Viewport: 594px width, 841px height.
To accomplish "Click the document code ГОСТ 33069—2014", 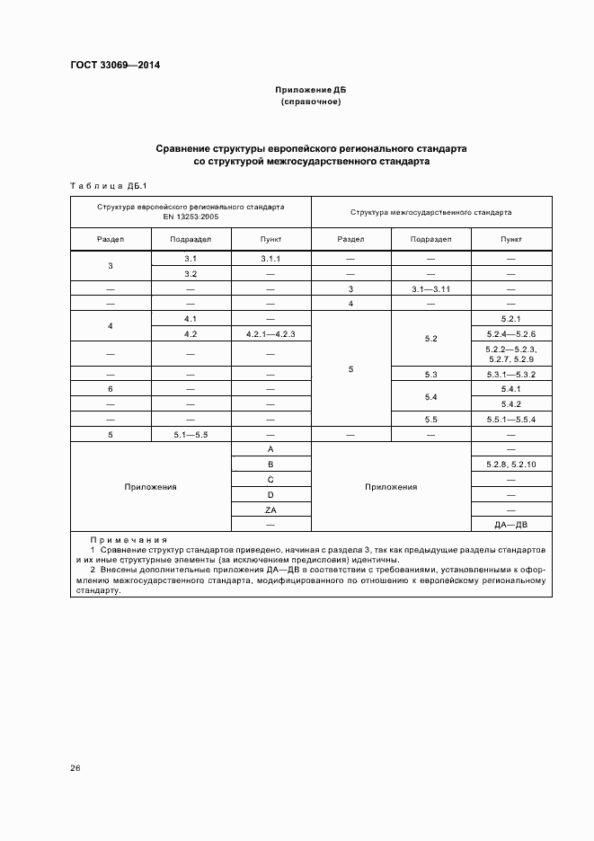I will click(x=108, y=66).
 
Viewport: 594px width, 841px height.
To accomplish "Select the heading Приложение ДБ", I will click(x=310, y=91).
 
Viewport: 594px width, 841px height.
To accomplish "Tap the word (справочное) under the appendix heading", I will click(x=310, y=102).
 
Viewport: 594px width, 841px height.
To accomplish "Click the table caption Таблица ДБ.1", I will click(x=108, y=185).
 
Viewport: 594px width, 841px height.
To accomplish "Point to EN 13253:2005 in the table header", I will click(x=191, y=217).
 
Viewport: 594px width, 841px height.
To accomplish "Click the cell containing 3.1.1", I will click(x=270, y=259).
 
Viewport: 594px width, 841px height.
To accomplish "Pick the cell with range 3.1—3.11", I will click(x=430, y=288).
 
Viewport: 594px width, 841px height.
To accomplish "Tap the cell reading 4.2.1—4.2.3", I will click(x=270, y=333).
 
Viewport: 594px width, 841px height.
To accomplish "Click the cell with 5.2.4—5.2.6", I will click(x=510, y=333).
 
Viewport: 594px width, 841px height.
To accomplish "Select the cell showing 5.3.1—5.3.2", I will click(x=510, y=374).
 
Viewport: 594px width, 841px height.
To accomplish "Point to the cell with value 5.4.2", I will click(x=510, y=403).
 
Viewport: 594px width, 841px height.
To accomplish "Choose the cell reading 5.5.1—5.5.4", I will click(x=510, y=419).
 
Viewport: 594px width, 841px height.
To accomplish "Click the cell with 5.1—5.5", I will click(x=191, y=434).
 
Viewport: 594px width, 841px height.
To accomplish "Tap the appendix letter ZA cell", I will click(x=270, y=509).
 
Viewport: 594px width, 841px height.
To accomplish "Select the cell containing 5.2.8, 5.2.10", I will click(x=510, y=464).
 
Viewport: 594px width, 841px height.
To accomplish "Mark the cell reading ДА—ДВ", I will click(x=510, y=525).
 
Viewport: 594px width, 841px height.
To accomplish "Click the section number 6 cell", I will click(x=110, y=388).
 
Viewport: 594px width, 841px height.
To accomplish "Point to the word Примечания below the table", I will click(x=129, y=539).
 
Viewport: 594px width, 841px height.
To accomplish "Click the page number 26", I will click(x=75, y=768).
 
